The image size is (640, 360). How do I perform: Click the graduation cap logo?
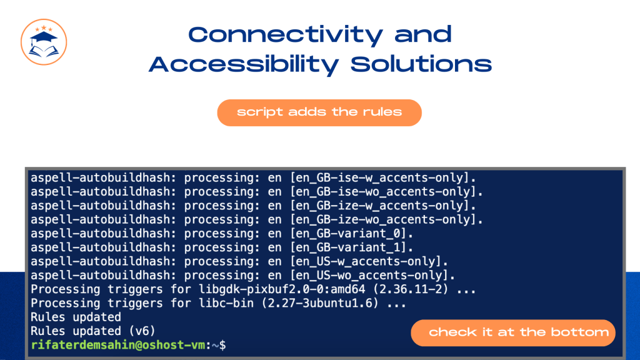(x=44, y=42)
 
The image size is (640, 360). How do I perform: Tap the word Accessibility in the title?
(x=244, y=65)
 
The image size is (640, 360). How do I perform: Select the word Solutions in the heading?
(x=421, y=64)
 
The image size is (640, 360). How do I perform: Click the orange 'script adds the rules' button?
(x=319, y=112)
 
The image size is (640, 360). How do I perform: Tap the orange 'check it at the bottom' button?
(x=513, y=332)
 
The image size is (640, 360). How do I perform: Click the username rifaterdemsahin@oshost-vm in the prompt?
(x=118, y=345)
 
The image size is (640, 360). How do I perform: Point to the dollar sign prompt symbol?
(x=222, y=345)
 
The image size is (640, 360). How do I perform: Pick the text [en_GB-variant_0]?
(x=351, y=234)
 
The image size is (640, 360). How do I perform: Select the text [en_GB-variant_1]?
(x=351, y=247)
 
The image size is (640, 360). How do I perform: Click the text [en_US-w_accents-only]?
(x=369, y=262)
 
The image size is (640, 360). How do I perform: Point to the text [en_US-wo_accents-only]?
(x=372, y=276)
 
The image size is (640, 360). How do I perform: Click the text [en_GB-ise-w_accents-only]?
(x=382, y=178)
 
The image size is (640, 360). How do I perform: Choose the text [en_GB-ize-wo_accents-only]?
(x=386, y=219)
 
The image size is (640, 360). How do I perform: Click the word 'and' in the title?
(x=423, y=34)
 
